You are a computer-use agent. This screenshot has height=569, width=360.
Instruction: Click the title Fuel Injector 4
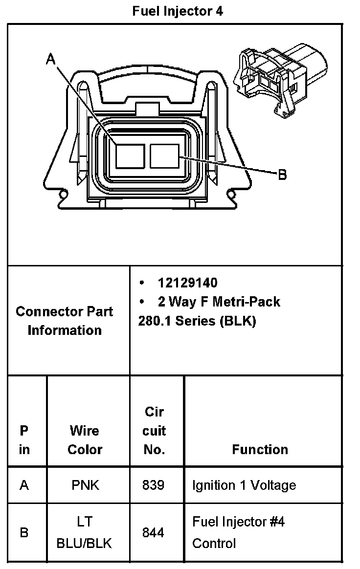click(x=178, y=11)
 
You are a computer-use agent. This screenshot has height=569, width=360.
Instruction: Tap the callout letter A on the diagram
click(x=51, y=59)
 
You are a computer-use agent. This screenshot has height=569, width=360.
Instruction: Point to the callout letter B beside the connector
click(x=282, y=175)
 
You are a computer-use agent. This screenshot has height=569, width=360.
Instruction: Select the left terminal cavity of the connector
click(x=130, y=156)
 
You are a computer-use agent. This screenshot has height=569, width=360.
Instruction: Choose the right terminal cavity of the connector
click(x=165, y=156)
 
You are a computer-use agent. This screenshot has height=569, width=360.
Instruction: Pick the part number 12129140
click(x=187, y=283)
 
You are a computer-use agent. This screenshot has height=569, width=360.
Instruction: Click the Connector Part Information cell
click(x=65, y=321)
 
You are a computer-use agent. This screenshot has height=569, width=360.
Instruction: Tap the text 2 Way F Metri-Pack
click(x=219, y=302)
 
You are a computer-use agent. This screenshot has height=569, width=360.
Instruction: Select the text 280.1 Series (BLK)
click(x=197, y=321)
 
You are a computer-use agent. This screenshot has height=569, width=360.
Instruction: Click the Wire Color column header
click(x=85, y=440)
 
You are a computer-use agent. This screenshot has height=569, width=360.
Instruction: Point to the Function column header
click(x=260, y=449)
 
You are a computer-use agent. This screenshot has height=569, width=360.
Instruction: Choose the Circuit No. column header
click(x=154, y=431)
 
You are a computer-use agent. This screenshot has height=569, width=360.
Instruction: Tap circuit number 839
click(x=153, y=485)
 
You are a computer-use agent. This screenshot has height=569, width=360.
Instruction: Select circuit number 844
click(x=153, y=532)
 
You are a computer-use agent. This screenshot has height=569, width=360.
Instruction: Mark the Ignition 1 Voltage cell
click(x=244, y=485)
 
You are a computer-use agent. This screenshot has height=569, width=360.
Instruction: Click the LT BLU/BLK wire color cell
click(x=85, y=532)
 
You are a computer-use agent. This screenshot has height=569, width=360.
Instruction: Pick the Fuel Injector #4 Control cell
click(x=238, y=532)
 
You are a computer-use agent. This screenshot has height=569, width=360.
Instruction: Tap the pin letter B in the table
click(x=24, y=532)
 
